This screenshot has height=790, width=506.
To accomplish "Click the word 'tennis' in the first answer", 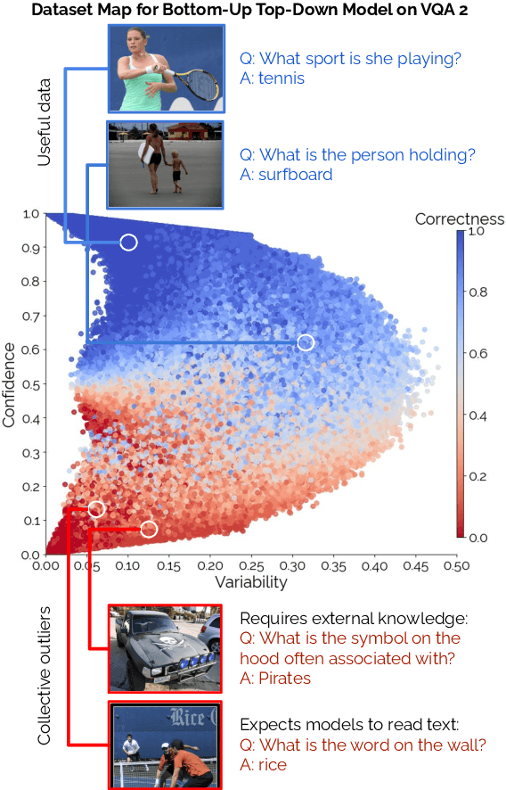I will pos(282,78).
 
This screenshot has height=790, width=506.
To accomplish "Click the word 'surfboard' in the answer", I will pos(295,175).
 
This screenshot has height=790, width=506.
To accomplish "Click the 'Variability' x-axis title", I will pos(250,582).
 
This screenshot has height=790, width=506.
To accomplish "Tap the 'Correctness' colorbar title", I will pos(460,219).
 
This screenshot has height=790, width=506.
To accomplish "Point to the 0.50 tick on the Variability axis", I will pos(456,565).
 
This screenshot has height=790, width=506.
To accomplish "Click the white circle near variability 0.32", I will pos(306,342).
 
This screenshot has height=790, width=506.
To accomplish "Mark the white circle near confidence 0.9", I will pos(128,242).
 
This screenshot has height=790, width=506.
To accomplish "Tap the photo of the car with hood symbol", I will pos(165,648).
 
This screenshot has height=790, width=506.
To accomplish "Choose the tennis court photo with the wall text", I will pos(165,745).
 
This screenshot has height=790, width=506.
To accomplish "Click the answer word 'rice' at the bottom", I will pos(271,765).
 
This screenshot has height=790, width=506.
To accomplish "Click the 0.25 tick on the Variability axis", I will pos(250,565).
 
